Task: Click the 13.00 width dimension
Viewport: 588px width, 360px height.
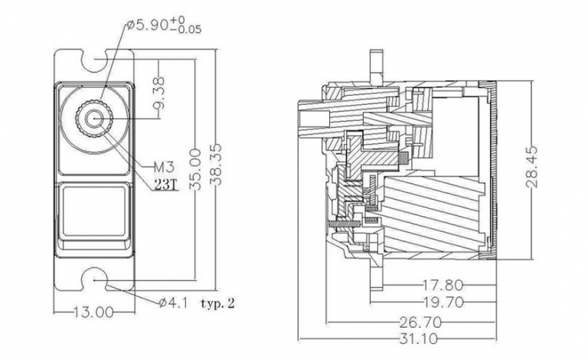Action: (x=93, y=312)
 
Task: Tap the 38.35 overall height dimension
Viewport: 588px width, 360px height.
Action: (x=217, y=164)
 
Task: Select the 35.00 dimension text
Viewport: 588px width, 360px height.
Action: (x=195, y=169)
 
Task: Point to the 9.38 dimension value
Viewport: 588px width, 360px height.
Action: (x=160, y=93)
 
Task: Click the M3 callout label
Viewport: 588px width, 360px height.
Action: (x=165, y=167)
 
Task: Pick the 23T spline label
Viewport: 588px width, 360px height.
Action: (x=165, y=185)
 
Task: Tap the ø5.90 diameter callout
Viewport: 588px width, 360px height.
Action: (x=147, y=25)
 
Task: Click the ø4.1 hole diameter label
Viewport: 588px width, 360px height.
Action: (x=173, y=303)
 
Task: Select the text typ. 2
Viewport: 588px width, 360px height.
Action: (x=218, y=303)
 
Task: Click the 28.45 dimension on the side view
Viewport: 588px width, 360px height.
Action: (x=532, y=166)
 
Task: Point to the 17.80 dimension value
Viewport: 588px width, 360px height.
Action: (x=443, y=286)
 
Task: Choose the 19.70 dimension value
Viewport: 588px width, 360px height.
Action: (x=443, y=302)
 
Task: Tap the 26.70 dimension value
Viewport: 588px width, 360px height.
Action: (x=421, y=322)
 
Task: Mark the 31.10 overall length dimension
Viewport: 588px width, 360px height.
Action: (x=419, y=339)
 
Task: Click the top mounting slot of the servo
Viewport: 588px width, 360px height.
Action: (x=94, y=60)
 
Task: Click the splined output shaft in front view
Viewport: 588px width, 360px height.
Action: (x=94, y=119)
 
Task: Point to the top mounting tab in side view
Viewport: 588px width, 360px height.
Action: (x=376, y=65)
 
